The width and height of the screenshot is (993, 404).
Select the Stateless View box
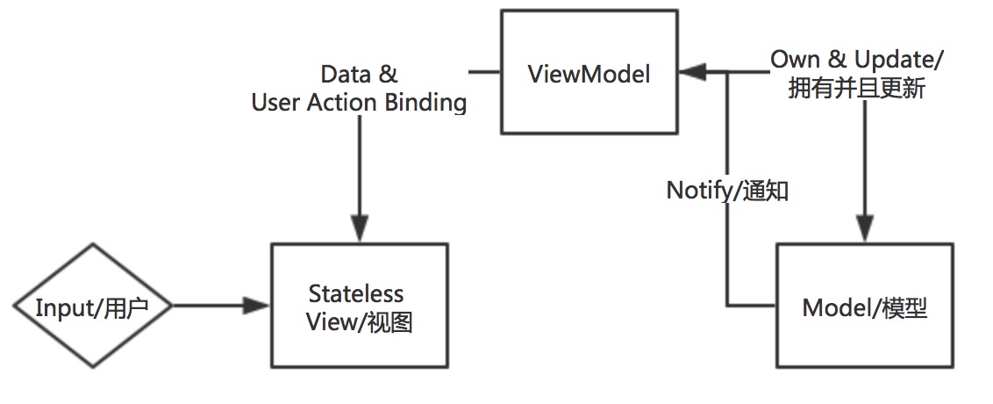[x=359, y=306]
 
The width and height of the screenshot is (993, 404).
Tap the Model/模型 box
[x=864, y=306]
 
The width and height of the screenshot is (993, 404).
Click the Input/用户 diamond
[x=91, y=307]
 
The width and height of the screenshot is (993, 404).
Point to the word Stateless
[x=355, y=292]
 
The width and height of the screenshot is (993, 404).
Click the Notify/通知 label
[x=727, y=191]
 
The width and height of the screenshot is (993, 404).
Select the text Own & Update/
[x=857, y=59]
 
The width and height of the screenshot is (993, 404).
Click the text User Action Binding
[x=359, y=103]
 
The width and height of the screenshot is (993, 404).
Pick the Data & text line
[x=359, y=74]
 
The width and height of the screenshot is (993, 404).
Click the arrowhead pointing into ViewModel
[x=693, y=74]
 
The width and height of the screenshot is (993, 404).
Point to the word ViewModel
[x=589, y=75]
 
